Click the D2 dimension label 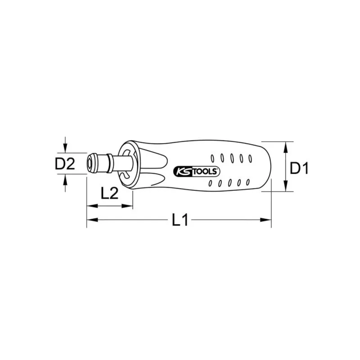[64, 164]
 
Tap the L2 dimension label [109, 193]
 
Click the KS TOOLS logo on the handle [196, 171]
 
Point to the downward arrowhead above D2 [66, 148]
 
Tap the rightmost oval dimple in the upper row [248, 158]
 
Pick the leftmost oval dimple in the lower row [211, 184]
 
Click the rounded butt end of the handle [269, 166]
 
